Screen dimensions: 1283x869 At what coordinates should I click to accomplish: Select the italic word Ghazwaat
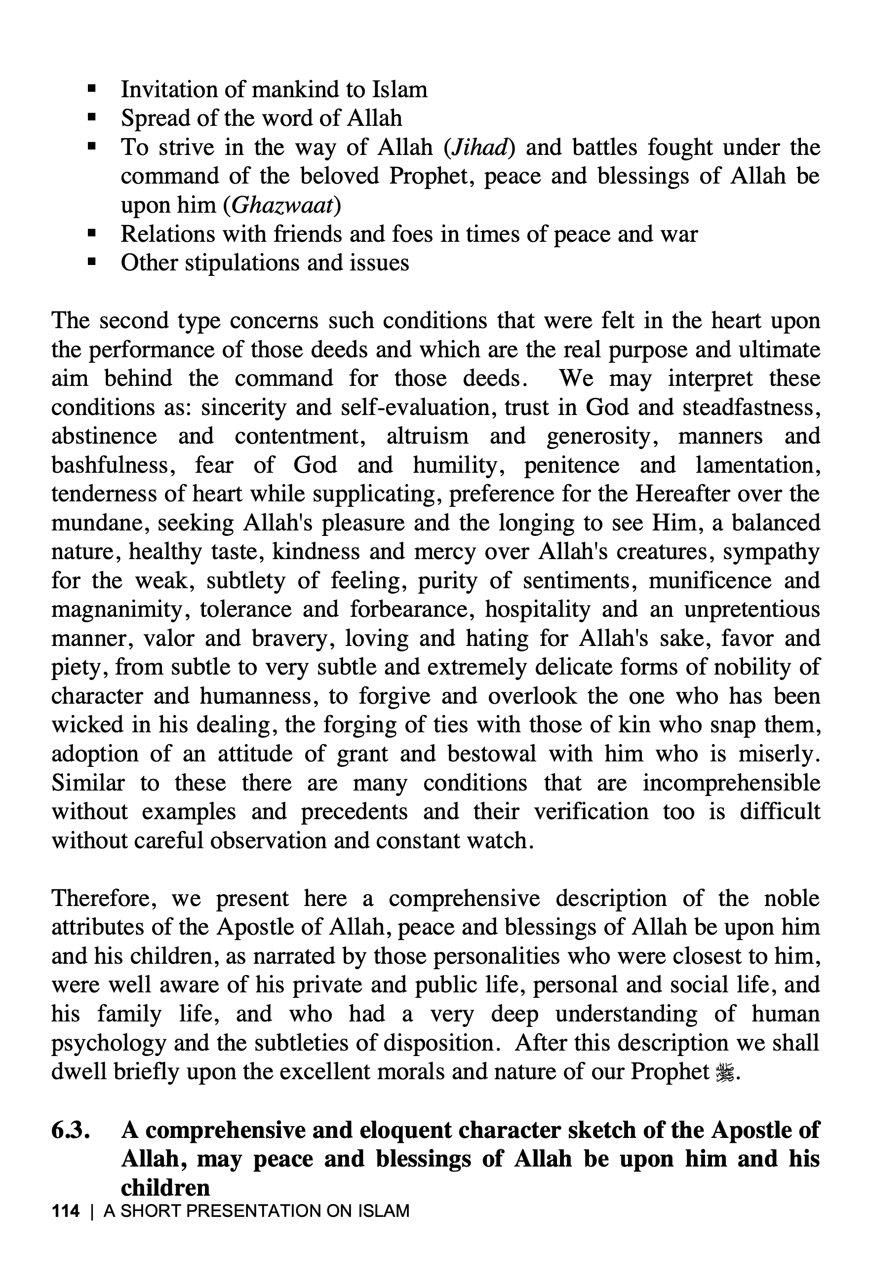click(x=282, y=205)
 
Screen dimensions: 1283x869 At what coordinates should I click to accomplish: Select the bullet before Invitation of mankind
click(x=92, y=89)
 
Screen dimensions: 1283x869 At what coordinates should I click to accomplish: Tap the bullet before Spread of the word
click(x=92, y=118)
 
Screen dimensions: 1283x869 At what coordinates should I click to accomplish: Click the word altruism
click(x=427, y=436)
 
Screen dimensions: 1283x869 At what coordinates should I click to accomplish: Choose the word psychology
click(x=108, y=1043)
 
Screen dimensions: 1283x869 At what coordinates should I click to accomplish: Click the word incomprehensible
click(x=731, y=783)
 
